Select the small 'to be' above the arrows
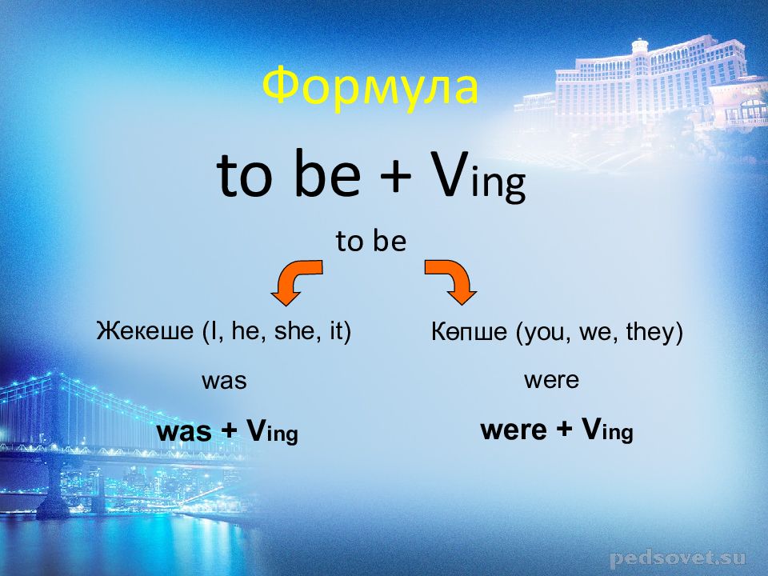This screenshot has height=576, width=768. (371, 241)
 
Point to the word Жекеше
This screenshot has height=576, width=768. (145, 330)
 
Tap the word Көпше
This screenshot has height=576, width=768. (469, 332)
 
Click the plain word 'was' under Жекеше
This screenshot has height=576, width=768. (224, 381)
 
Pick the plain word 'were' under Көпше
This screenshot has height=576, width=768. (551, 379)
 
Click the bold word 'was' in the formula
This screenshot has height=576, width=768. (184, 432)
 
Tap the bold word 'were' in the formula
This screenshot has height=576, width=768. (514, 430)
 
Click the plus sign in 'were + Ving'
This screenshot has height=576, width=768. (564, 430)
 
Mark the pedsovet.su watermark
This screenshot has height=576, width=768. (678, 558)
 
